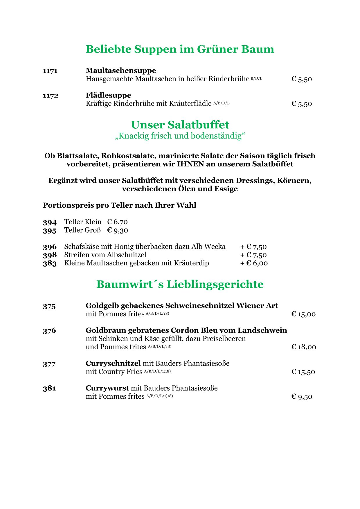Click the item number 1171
tap(50, 71)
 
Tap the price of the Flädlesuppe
tap(302, 104)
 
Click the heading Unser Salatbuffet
tap(180, 125)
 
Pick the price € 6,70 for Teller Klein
tap(117, 222)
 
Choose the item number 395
tap(50, 231)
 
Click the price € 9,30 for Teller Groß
tap(117, 230)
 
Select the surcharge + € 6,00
tap(254, 263)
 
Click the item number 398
tap(50, 255)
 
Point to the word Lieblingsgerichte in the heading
tap(215, 284)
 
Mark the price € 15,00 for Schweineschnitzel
tap(303, 314)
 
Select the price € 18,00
tap(304, 347)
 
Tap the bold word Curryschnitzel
tap(113, 363)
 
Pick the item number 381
tap(49, 388)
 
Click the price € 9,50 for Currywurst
tap(302, 397)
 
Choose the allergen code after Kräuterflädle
tap(221, 103)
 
